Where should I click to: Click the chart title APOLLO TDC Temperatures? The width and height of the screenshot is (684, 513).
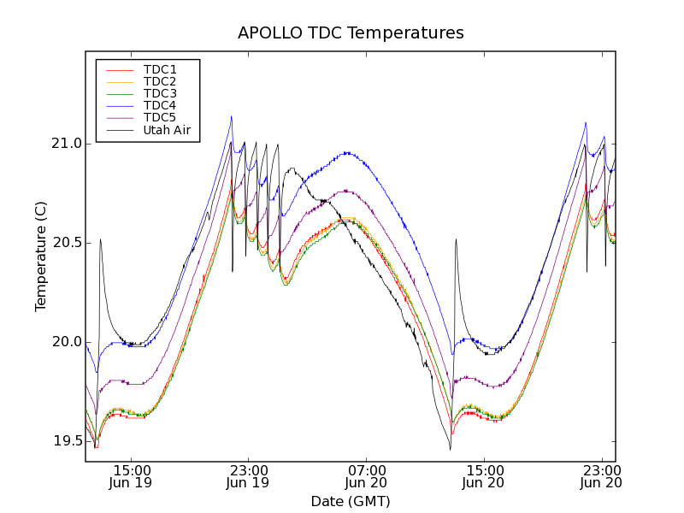pos(351,33)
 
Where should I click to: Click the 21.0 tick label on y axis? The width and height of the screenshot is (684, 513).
pos(66,144)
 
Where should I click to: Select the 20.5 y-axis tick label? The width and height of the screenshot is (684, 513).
pos(66,243)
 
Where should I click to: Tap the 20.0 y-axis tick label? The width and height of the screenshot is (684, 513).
pos(66,342)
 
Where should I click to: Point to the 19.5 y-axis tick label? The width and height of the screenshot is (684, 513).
pos(66,441)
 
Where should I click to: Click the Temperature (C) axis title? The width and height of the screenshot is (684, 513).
pos(41,256)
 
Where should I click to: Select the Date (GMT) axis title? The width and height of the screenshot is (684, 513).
pos(350,501)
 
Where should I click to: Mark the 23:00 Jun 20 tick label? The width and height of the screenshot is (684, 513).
pos(601,476)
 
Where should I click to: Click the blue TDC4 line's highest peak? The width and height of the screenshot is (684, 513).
pos(231,116)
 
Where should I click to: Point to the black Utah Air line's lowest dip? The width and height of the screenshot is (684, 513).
pos(450,450)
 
